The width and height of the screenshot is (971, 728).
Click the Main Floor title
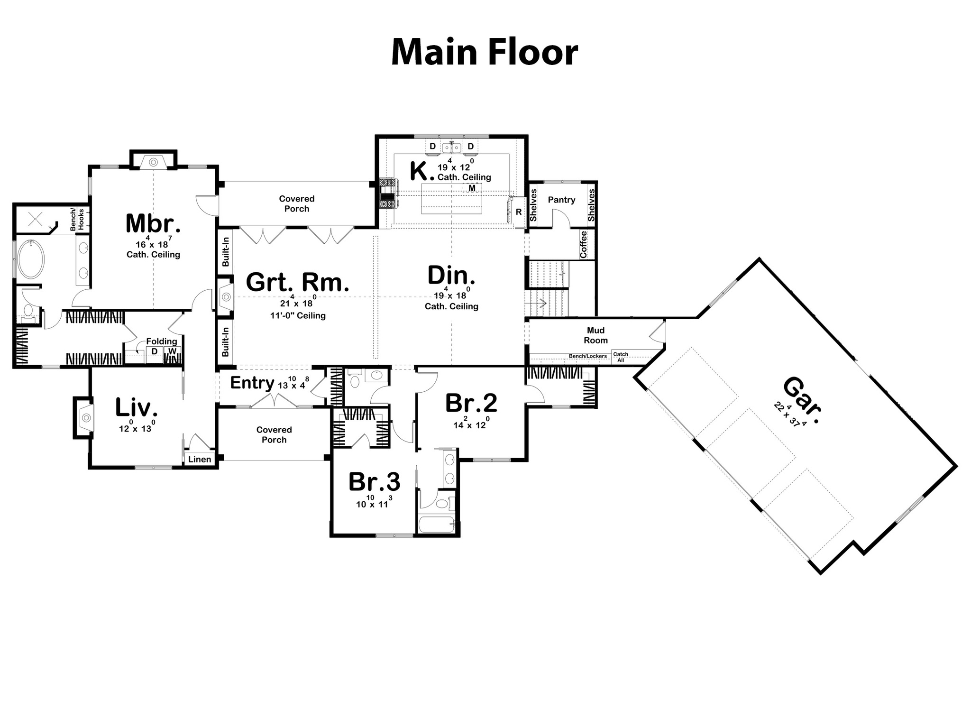484,52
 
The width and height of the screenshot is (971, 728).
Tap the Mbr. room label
153,223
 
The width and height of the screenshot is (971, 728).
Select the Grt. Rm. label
297,282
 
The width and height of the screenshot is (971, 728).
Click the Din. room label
451,276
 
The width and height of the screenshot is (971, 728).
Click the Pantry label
561,200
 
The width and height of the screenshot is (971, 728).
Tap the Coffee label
583,244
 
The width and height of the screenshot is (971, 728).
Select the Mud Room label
595,335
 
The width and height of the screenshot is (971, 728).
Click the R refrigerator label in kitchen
519,212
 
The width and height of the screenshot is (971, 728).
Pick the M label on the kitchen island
472,188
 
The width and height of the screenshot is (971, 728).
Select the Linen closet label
200,459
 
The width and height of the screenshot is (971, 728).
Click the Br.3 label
374,482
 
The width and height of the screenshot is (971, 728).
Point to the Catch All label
621,357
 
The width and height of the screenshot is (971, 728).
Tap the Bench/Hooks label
77,220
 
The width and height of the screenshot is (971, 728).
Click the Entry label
252,382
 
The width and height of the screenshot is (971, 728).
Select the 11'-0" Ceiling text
298,315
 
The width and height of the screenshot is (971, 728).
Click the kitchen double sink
451,148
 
